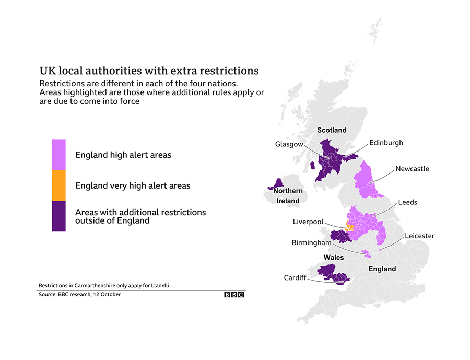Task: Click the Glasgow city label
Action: [289, 144]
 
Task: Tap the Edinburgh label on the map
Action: [386, 142]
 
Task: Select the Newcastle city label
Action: [412, 169]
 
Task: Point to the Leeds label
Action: [407, 202]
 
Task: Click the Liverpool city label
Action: [308, 222]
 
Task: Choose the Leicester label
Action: [419, 236]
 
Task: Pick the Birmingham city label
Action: [311, 243]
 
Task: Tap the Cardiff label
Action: [295, 277]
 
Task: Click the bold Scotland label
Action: [332, 130]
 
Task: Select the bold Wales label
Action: [334, 258]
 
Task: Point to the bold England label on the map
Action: [382, 269]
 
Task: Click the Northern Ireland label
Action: [288, 196]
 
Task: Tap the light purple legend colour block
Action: [58, 154]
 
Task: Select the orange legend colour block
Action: [58, 185]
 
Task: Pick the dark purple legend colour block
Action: [58, 216]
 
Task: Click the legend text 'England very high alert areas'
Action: [133, 185]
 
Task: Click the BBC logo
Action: [234, 295]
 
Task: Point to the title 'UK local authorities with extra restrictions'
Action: [149, 71]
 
